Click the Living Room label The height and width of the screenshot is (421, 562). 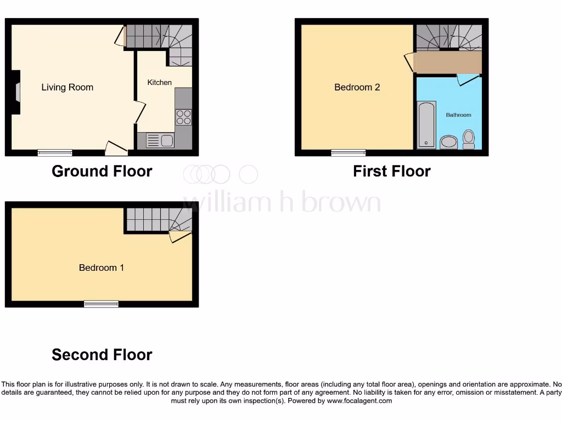[67, 87]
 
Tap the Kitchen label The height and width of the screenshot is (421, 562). [159, 82]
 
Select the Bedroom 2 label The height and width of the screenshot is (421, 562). [357, 87]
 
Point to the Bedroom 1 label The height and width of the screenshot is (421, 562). [102, 268]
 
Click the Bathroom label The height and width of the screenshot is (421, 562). [458, 115]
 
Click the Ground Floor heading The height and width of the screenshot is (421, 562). [102, 171]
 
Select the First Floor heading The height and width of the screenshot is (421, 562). [391, 171]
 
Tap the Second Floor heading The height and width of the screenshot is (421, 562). [102, 355]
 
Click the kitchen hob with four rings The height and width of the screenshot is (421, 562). [183, 117]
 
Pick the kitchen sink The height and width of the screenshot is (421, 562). [160, 141]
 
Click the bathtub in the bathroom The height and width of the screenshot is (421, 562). [426, 124]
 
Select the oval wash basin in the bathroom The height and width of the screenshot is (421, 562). [448, 143]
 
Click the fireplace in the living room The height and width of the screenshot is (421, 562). [17, 92]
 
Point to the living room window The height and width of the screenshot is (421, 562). [55, 153]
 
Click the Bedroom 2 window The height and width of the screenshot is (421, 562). [348, 153]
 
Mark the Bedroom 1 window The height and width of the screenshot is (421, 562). [101, 304]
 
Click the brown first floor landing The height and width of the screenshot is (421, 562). [448, 62]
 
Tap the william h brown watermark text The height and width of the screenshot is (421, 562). [281, 202]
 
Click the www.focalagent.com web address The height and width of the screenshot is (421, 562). [359, 401]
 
